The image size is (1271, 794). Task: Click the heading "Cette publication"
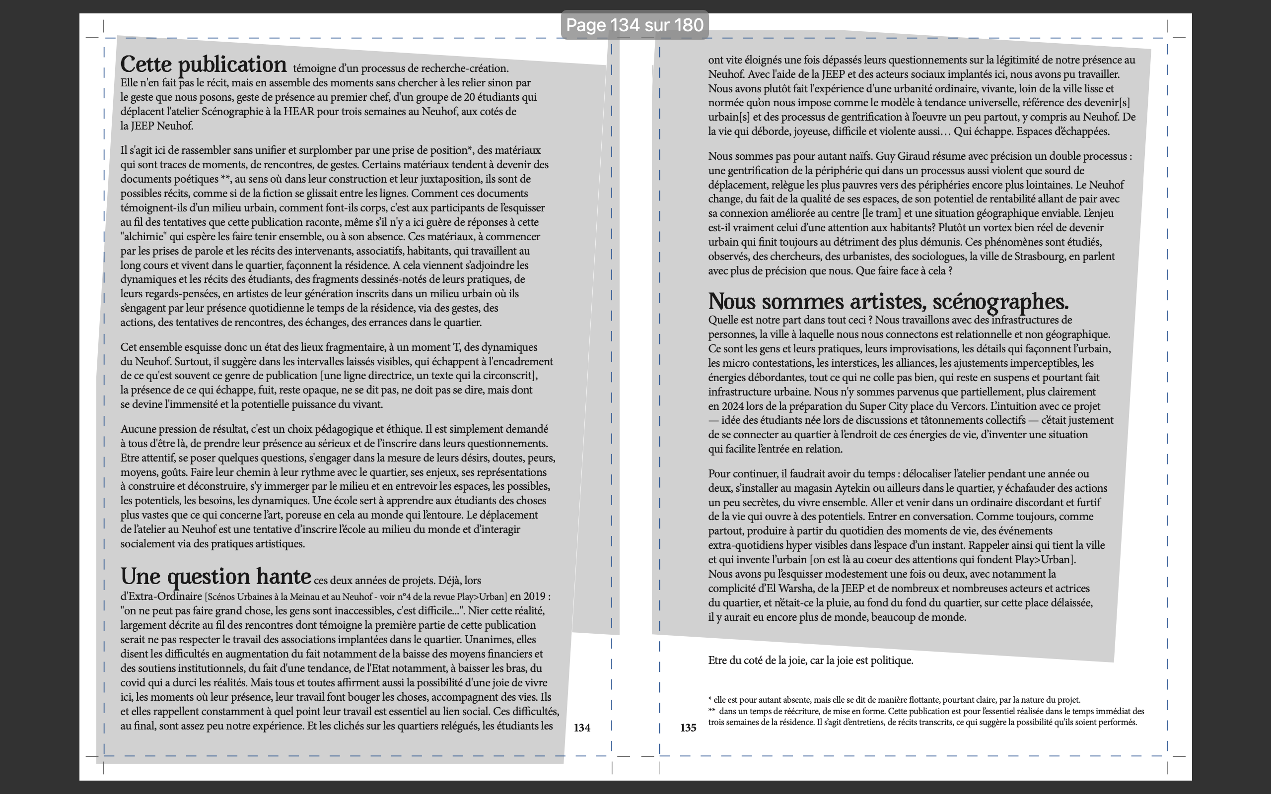click(x=203, y=65)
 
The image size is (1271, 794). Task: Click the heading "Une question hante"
click(x=215, y=577)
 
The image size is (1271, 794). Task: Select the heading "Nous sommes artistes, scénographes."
click(x=888, y=302)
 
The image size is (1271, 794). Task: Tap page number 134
click(x=582, y=728)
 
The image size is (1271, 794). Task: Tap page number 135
click(x=688, y=728)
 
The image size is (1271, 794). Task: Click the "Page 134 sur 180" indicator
click(x=635, y=25)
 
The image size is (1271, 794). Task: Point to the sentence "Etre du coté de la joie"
click(x=810, y=661)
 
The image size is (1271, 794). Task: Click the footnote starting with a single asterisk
click(x=894, y=700)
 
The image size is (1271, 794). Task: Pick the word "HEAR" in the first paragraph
click(x=298, y=111)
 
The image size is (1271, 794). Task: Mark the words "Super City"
click(x=888, y=406)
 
